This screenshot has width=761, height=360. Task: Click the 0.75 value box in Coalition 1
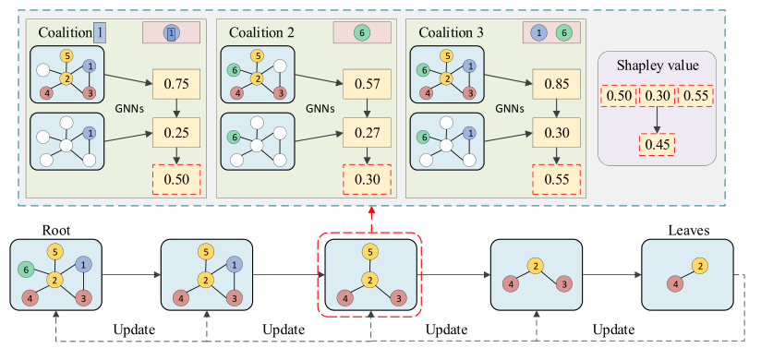pyautogui.click(x=175, y=84)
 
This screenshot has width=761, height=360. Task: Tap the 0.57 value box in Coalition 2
pyautogui.click(x=367, y=84)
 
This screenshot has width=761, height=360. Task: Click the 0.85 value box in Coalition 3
pyautogui.click(x=557, y=84)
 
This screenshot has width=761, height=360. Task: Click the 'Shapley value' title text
pyautogui.click(x=657, y=66)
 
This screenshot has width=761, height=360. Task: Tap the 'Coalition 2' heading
pyautogui.click(x=264, y=32)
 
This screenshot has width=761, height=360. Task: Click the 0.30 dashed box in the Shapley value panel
pyautogui.click(x=657, y=96)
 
